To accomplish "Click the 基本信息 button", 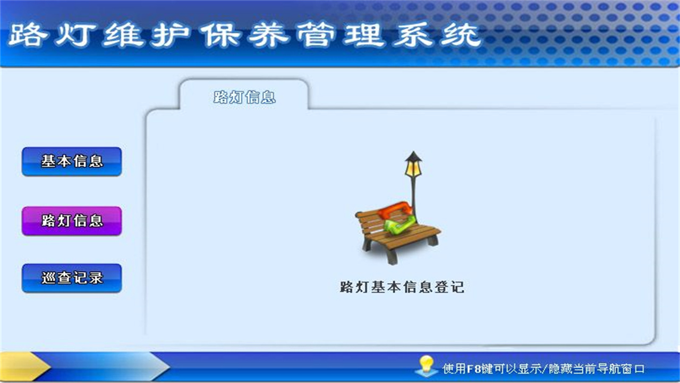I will click(72, 161).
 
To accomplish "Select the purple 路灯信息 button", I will click(72, 221).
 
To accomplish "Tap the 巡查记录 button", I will click(72, 278).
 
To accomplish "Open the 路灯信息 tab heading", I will click(244, 97).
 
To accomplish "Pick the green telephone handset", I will click(398, 226).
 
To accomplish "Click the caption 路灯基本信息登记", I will click(402, 287).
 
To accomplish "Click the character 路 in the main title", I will click(27, 36).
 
